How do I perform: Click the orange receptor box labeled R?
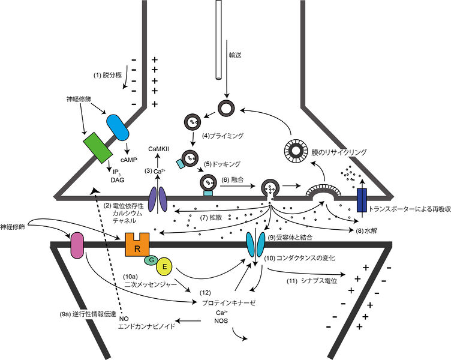[x=137, y=245]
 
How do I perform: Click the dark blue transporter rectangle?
[x=361, y=201]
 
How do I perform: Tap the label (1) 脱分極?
[x=109, y=76]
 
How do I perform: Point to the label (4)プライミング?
[x=224, y=136]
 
